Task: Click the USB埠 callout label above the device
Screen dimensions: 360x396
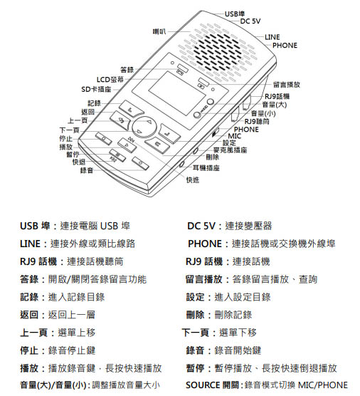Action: (235, 14)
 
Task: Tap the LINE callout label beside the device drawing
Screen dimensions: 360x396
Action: (272, 37)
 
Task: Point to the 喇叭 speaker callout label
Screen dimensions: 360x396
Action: (159, 31)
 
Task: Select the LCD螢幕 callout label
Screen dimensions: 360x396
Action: (110, 80)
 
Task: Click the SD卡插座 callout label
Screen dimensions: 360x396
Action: (96, 90)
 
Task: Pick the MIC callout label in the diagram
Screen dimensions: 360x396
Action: (234, 136)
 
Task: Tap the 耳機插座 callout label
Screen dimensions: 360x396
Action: (206, 168)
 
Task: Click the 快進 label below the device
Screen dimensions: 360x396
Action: (193, 179)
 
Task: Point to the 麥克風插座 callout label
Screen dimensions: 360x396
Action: (230, 150)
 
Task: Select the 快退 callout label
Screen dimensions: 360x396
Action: (79, 162)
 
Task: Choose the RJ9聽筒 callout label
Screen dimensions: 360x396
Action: (257, 122)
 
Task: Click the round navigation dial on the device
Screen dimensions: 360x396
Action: (144, 127)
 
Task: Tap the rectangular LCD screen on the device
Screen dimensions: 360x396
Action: (177, 93)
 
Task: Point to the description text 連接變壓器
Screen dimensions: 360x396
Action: (248, 226)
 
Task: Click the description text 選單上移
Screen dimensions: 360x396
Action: (77, 333)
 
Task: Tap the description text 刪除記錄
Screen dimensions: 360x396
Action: (233, 315)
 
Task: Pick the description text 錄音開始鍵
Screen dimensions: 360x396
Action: (238, 350)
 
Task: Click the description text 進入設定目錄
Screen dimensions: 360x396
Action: (243, 297)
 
